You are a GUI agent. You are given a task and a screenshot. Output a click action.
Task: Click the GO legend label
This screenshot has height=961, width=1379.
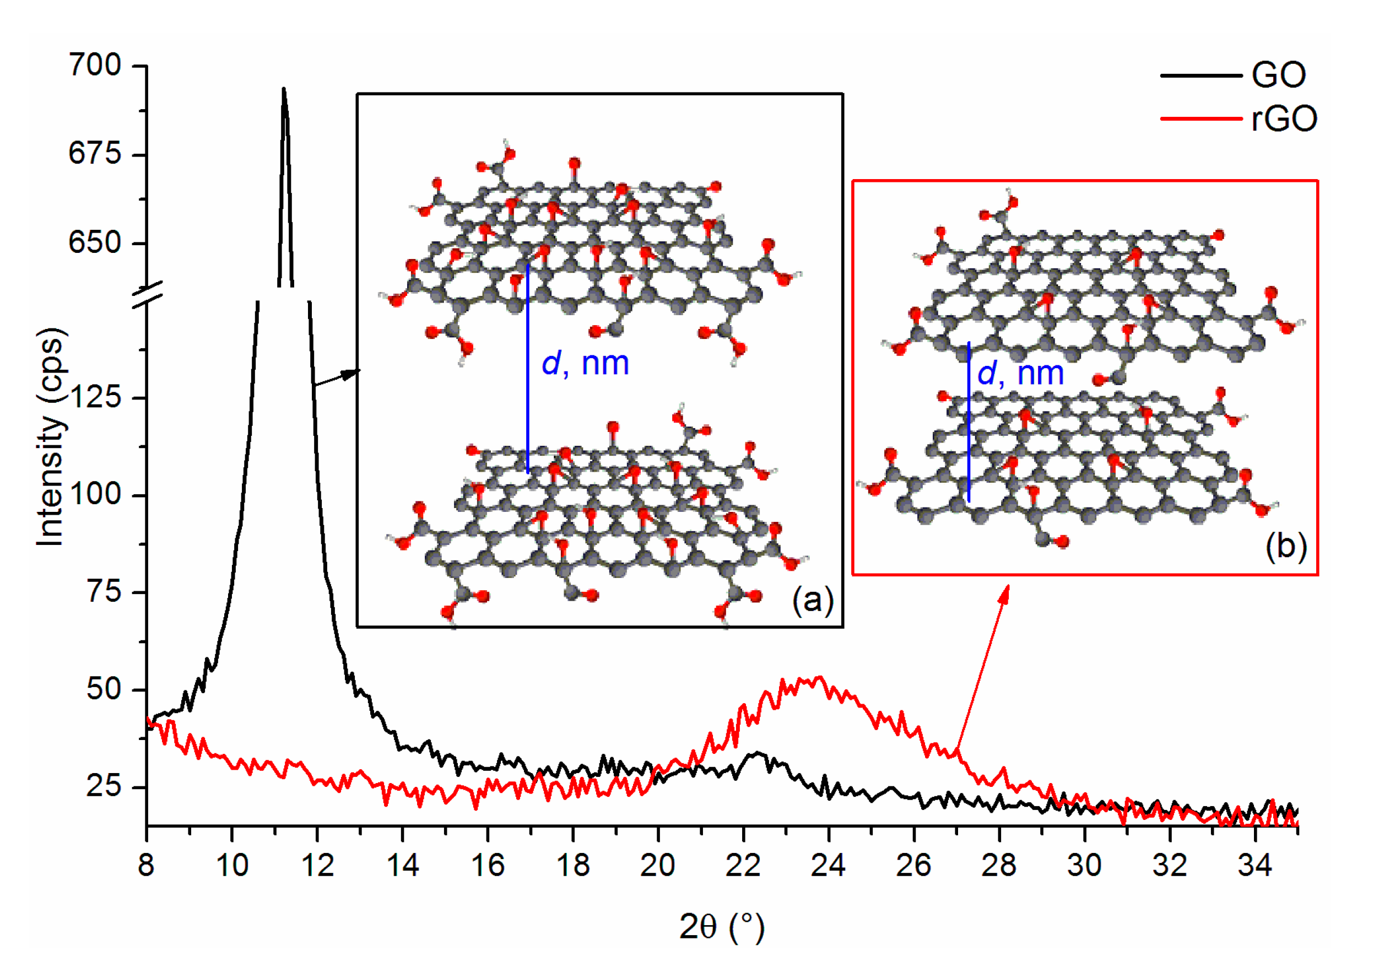pos(1278,75)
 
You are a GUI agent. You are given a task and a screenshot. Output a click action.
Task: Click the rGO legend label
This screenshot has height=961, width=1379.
pos(1284,119)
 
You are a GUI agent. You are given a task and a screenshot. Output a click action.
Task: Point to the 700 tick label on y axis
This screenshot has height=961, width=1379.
pos(95,65)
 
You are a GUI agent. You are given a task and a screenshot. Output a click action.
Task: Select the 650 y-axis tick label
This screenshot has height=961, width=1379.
pos(95,242)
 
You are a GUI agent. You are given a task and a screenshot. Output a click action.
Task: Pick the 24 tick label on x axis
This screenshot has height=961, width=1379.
pos(828,866)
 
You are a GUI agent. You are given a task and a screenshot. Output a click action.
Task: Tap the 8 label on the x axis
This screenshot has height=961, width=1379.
pos(146,866)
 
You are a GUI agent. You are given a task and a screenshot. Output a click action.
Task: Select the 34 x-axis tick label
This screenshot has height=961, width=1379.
pos(1254,866)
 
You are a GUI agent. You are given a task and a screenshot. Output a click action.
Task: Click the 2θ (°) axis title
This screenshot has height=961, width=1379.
pos(721,927)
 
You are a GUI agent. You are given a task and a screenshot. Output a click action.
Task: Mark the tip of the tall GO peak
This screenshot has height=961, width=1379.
pos(284,89)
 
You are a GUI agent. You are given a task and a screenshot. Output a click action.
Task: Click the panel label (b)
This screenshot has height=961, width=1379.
pos(1286,546)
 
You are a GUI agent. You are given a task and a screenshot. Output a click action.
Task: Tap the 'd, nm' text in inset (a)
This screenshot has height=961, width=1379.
pos(585,363)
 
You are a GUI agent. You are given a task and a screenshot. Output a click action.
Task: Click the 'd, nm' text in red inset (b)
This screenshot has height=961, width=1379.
pos(1020,373)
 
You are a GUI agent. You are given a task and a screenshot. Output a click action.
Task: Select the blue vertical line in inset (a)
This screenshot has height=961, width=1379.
pos(527,369)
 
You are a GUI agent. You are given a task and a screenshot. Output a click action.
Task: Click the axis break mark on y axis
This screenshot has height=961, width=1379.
pos(147,294)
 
